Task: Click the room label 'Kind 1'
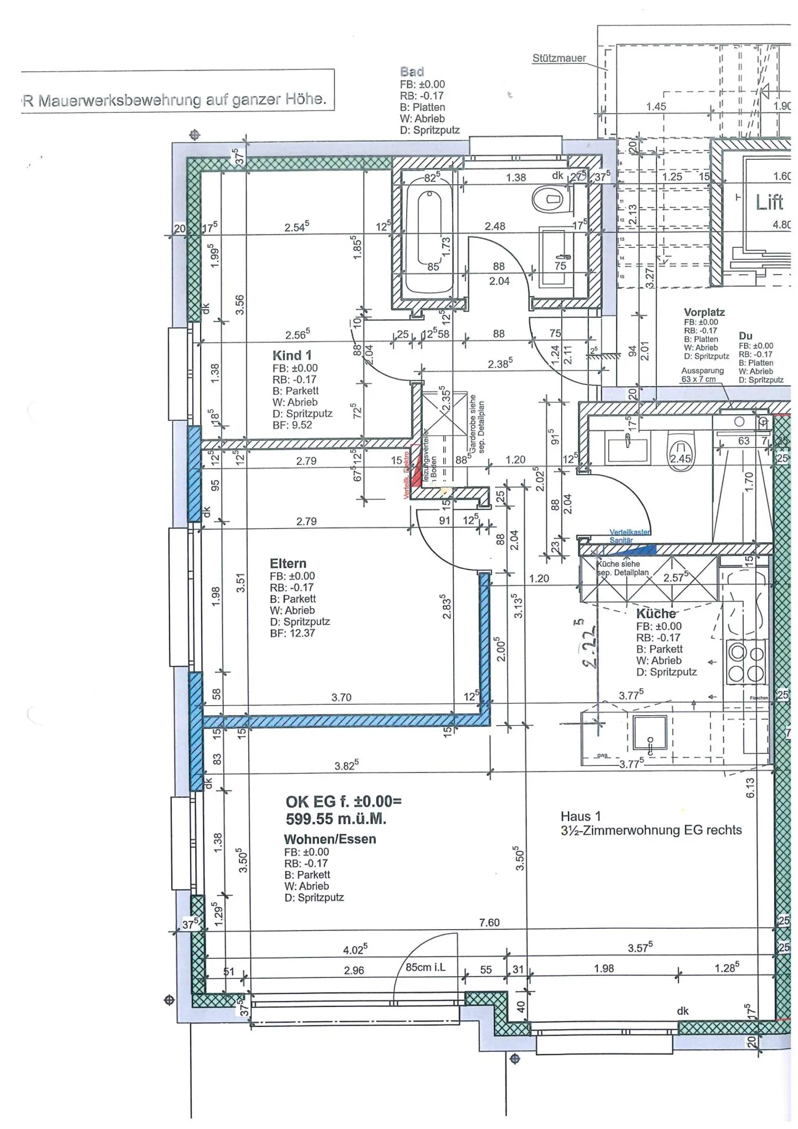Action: pos(291,355)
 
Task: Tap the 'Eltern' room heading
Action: pos(288,563)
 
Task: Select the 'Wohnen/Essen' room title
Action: pos(330,840)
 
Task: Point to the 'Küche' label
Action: pos(656,614)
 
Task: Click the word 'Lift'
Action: pos(769,202)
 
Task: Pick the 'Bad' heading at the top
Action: pos(412,72)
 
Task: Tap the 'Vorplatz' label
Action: pos(704,313)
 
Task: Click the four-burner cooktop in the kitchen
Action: pos(746,662)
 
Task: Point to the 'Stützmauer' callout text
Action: pos(559,58)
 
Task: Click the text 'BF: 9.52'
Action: pos(292,425)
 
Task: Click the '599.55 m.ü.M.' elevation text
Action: pos(336,819)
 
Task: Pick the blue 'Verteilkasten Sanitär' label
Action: pos(630,536)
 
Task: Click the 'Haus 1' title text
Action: pos(580,816)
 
